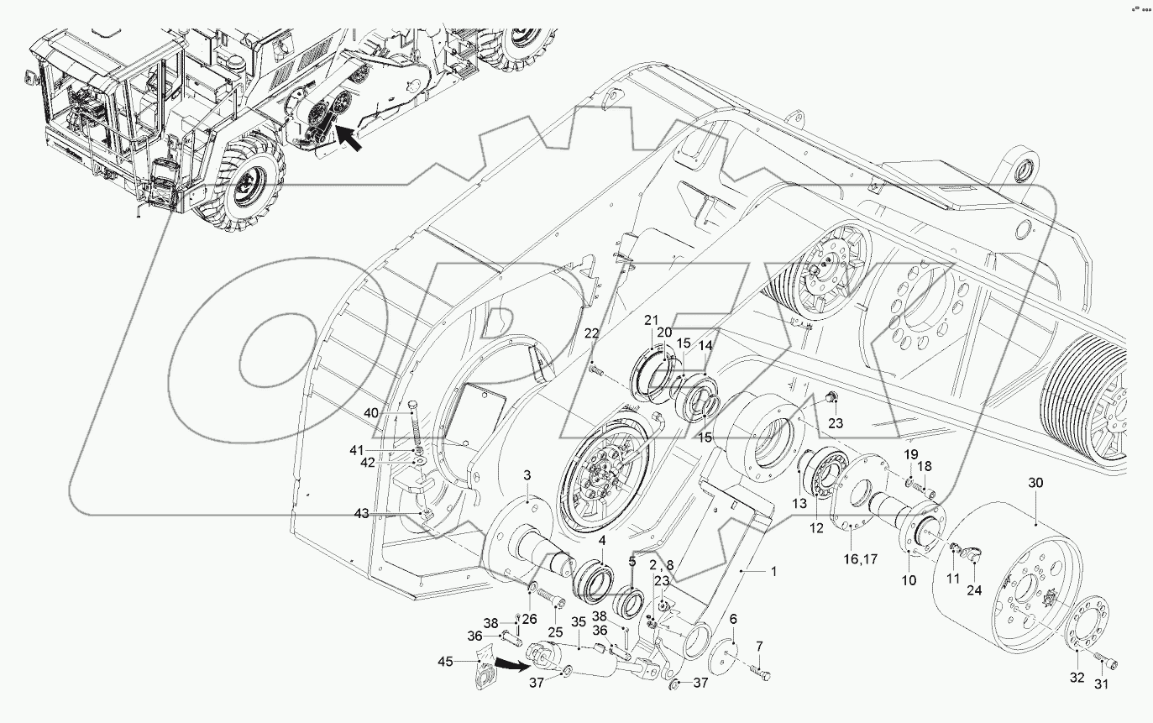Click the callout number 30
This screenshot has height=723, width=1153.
pyautogui.click(x=1035, y=483)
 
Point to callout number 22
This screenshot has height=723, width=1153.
pyautogui.click(x=592, y=333)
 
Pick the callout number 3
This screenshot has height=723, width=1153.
pyautogui.click(x=527, y=476)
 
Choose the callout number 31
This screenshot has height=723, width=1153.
pyautogui.click(x=1100, y=684)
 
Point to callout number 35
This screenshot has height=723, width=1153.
pyautogui.click(x=579, y=622)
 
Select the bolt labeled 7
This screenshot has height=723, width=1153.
pyautogui.click(x=763, y=672)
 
